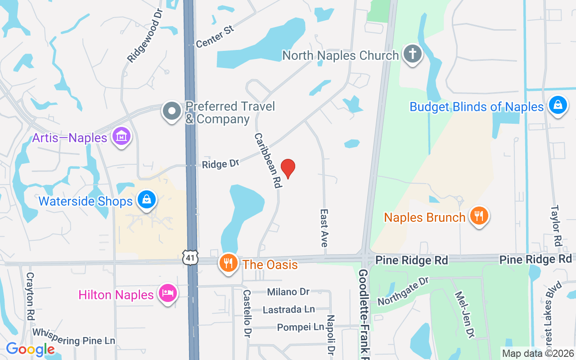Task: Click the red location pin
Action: coord(288,168)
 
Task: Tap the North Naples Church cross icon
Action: coord(412,54)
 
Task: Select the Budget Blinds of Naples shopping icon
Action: coord(558,105)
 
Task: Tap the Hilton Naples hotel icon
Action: coord(168,293)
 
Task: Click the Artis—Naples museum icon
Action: coord(121,136)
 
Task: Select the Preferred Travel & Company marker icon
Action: coord(171,111)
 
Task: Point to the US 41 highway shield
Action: coord(189,258)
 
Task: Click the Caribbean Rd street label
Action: coord(268,160)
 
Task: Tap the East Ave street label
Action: coord(324,228)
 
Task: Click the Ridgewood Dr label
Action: coord(144,35)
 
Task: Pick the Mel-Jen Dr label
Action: coord(465,314)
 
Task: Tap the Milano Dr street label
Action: coord(288,292)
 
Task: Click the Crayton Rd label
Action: coord(30,295)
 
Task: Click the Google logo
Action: coord(30,349)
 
